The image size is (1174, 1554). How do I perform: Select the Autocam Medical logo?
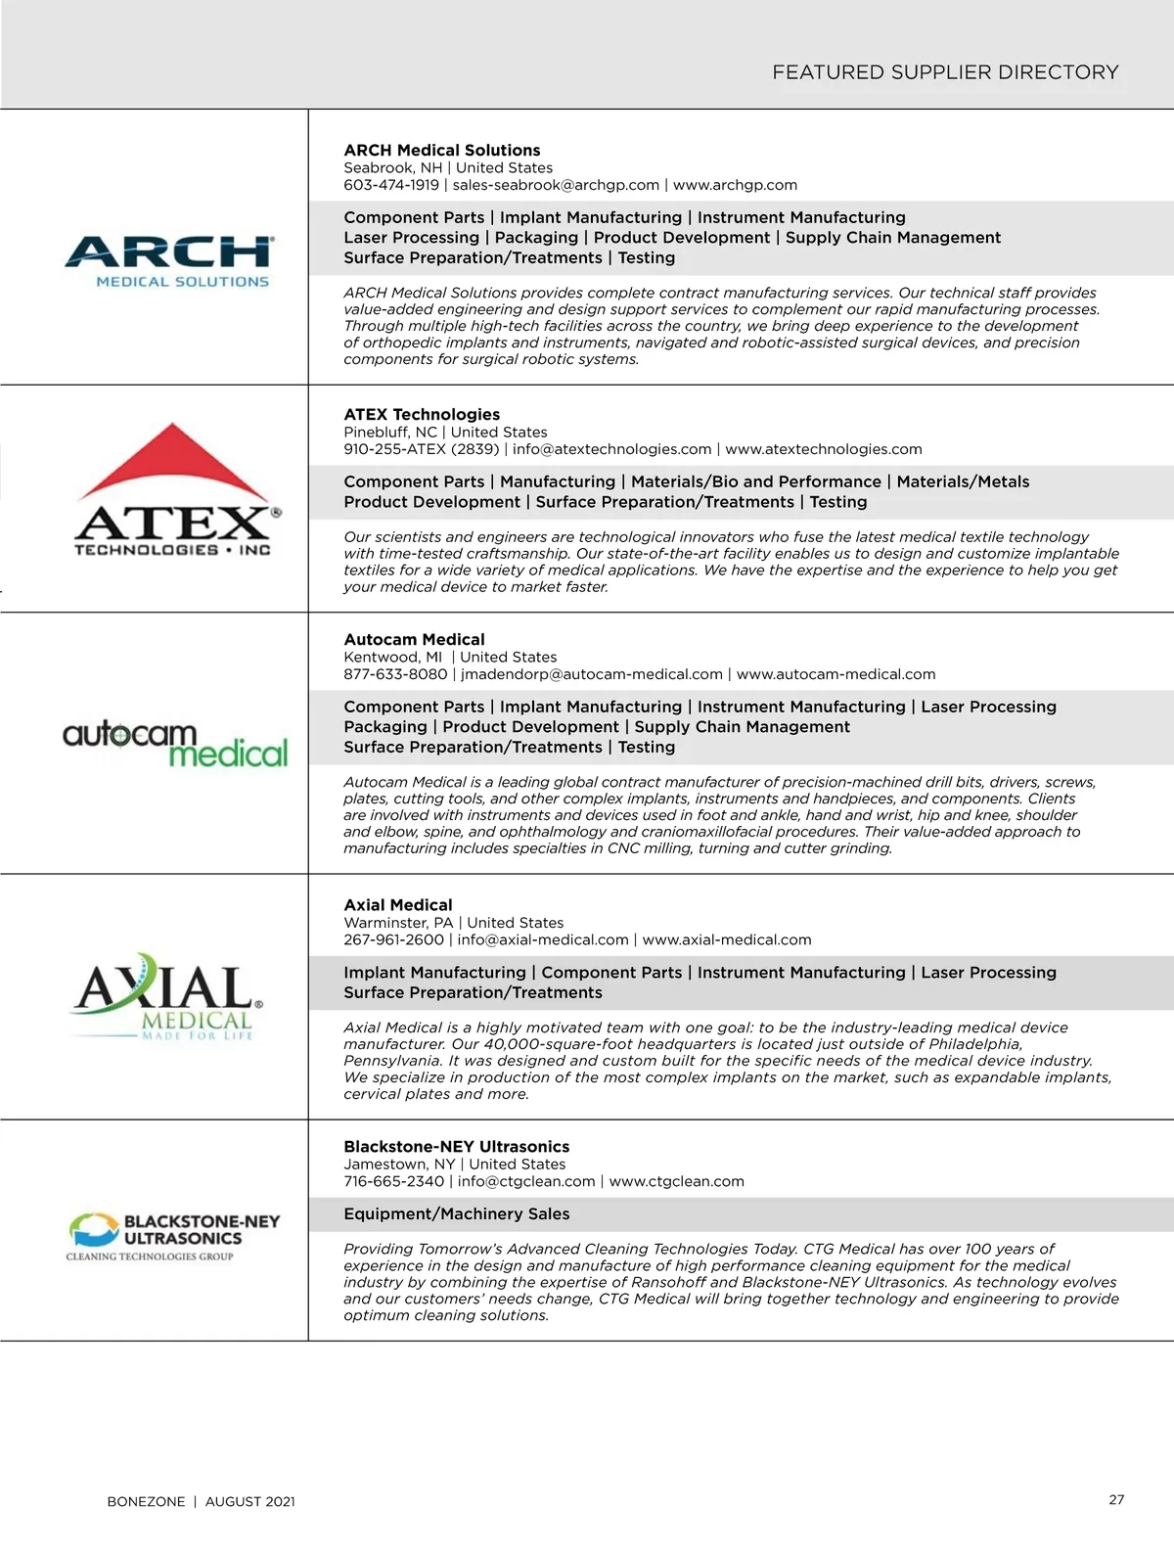[175, 745]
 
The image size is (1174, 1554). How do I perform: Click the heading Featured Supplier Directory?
[945, 72]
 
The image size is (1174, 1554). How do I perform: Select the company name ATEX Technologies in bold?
[422, 415]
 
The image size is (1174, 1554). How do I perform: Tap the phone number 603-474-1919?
[391, 185]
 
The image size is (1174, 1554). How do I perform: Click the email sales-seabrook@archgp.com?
[556, 185]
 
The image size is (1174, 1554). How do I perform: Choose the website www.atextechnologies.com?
[824, 449]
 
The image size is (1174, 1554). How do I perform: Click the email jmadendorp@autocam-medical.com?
[592, 674]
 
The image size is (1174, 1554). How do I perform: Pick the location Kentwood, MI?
[393, 658]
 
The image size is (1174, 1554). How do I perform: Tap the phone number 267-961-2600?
[393, 939]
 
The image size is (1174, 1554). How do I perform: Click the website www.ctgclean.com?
[676, 1181]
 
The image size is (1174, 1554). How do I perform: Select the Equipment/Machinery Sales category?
[456, 1214]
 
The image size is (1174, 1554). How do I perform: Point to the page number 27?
[1116, 1500]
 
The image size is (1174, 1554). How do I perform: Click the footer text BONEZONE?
[146, 1502]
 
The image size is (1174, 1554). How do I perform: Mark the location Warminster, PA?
[398, 923]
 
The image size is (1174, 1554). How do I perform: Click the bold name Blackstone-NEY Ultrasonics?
[456, 1147]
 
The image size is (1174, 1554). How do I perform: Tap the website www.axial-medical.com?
[727, 939]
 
